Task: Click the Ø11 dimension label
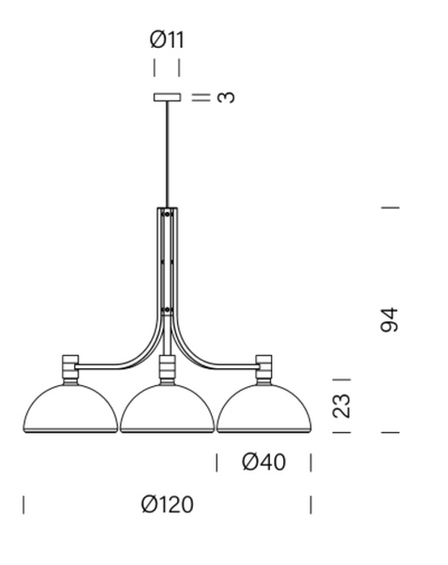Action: click(x=167, y=40)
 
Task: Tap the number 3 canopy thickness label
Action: click(x=225, y=97)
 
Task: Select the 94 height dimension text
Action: click(x=390, y=319)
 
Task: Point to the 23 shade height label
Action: click(x=343, y=405)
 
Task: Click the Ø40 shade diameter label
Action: click(x=264, y=462)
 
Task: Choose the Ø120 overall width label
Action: click(x=168, y=505)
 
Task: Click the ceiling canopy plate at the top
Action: click(x=168, y=97)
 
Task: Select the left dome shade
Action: click(x=70, y=410)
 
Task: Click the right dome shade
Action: click(x=264, y=410)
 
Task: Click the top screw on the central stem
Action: click(x=168, y=215)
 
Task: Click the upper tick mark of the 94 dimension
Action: click(x=390, y=206)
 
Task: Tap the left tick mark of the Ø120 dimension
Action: click(x=24, y=505)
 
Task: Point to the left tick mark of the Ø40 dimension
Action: click(x=217, y=462)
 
